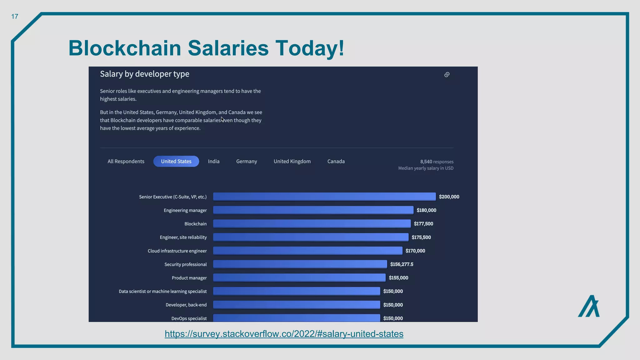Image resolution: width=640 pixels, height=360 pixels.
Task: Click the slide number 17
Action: [15, 17]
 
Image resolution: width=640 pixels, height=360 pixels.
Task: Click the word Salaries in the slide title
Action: [228, 48]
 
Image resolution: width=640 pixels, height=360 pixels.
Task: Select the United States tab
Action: [176, 161]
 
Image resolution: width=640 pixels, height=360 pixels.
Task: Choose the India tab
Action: [214, 161]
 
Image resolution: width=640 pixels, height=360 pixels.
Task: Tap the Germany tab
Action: [247, 161]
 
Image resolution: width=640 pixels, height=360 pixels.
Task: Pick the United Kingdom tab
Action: [292, 161]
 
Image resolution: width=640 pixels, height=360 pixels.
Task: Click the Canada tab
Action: [336, 161]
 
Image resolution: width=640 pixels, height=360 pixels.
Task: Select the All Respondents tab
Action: [126, 161]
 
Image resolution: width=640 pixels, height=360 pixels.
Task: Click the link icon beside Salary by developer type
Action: [447, 74]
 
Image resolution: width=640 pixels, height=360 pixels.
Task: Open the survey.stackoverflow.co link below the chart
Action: [284, 334]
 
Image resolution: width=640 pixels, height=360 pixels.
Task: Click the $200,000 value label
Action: [449, 197]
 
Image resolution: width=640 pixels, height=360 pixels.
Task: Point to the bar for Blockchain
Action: [312, 223]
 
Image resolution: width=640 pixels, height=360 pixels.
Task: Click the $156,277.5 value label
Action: [402, 264]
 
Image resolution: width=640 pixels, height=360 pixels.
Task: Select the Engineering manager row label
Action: [185, 210]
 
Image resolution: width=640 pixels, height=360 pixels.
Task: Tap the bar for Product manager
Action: [299, 277]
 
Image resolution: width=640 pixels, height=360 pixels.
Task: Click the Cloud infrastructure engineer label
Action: [177, 251]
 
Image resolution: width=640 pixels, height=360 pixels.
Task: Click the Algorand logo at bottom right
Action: [588, 306]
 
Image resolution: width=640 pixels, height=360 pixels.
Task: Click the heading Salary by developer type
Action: [144, 74]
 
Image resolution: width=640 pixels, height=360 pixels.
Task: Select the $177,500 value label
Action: [423, 224]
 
